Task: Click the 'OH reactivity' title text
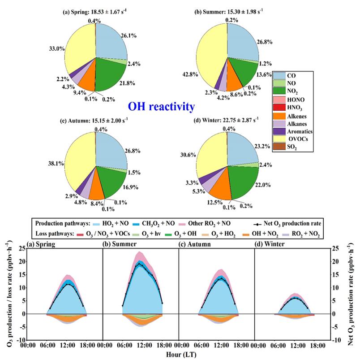(161, 106)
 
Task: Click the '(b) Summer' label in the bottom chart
(120, 244)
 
